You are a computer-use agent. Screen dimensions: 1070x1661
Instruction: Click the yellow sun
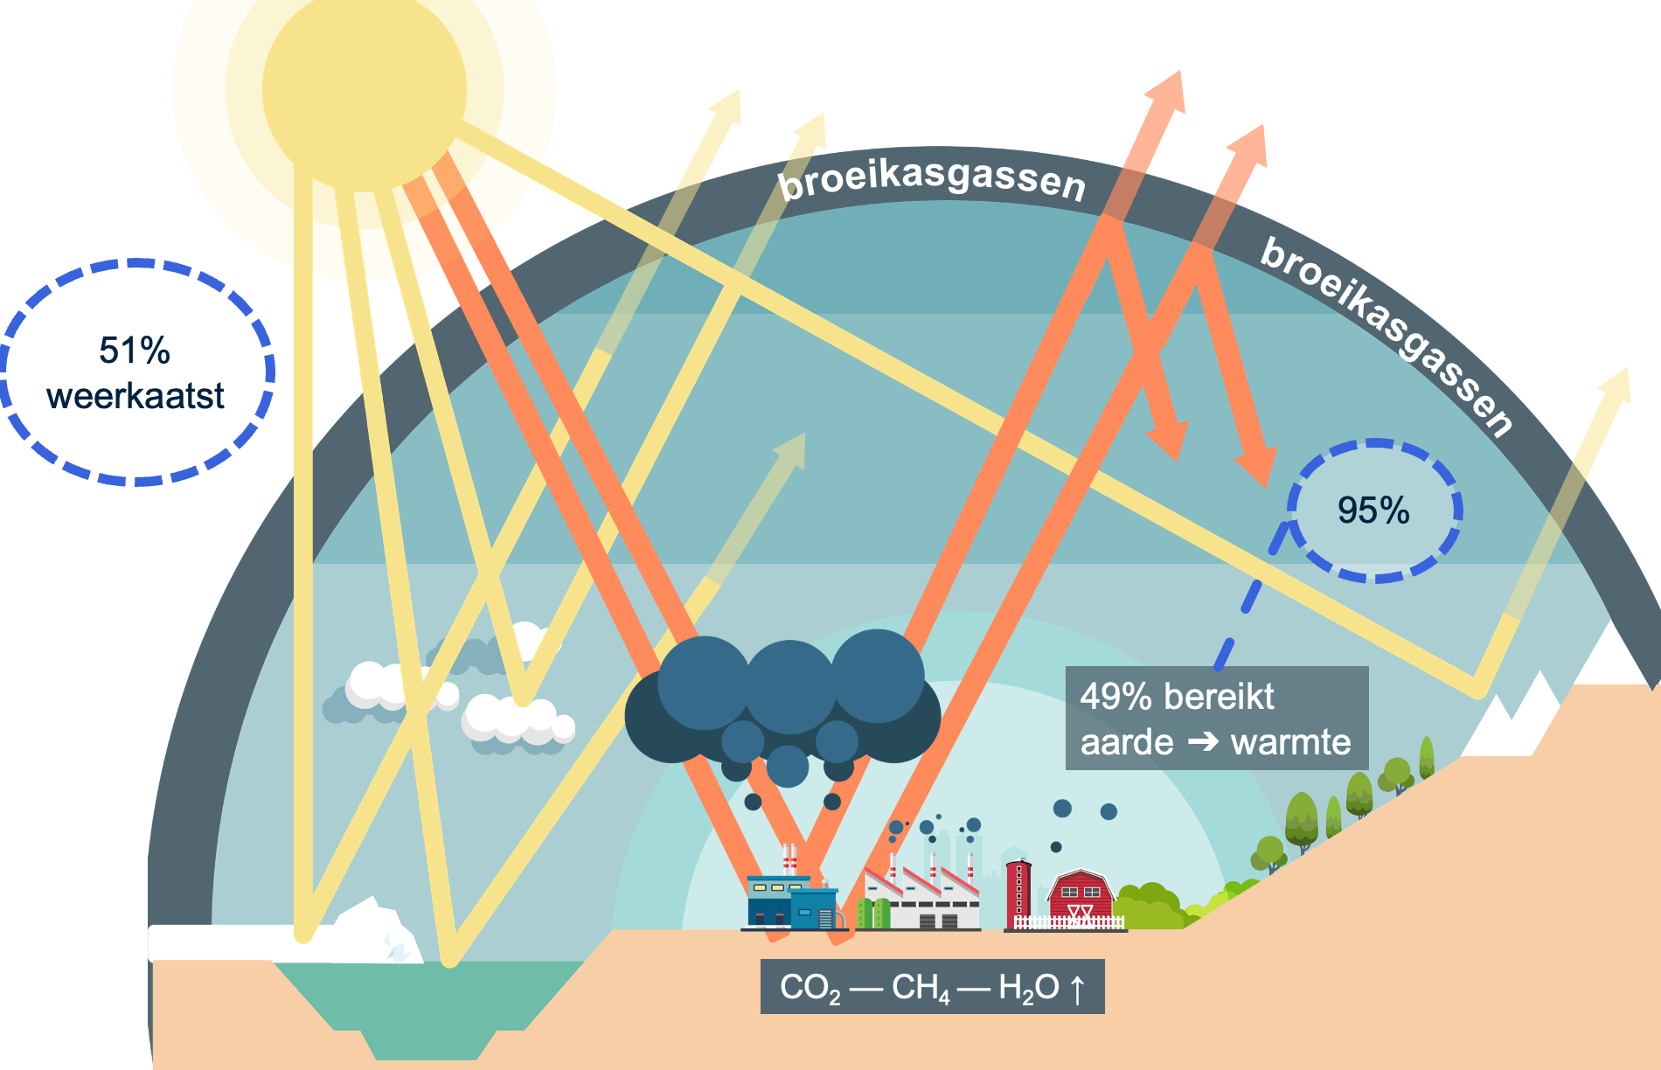coord(364,89)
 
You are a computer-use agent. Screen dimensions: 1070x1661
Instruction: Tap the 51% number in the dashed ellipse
coord(135,351)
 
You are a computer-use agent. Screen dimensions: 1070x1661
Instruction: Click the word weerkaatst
coord(136,396)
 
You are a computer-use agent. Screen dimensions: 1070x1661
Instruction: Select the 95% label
coord(1373,511)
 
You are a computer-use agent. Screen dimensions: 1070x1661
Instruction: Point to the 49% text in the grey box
coord(1115,697)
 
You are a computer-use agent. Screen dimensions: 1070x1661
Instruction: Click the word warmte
coord(1290,742)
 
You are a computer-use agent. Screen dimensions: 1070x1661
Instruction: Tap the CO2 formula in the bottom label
coord(810,988)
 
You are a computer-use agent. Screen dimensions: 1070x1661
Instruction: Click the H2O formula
coord(1028,988)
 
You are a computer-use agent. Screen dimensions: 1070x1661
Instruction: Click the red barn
coord(1081,894)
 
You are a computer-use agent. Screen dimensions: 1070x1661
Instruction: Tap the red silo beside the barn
coord(1018,892)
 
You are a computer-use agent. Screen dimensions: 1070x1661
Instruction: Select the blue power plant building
coord(791,902)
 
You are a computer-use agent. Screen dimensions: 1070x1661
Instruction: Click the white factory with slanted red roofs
coord(922,900)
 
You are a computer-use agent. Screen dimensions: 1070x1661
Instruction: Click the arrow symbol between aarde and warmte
coord(1203,742)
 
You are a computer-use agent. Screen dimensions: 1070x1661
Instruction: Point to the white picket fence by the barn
coord(1068,922)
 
